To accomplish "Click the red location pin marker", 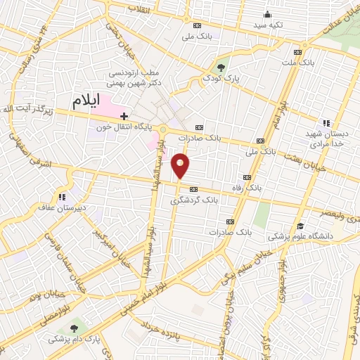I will pos(181,165).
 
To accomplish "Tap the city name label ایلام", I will pos(87,102).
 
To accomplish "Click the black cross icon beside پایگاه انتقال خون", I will pos(124,115).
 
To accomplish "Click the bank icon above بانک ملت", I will pos(298,52).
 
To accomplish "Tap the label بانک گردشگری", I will pos(193,200).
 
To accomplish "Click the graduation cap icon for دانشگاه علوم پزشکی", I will pos(300,226).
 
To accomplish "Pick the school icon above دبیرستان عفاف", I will pos(62,197).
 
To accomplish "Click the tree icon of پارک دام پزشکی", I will pos(74,328).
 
